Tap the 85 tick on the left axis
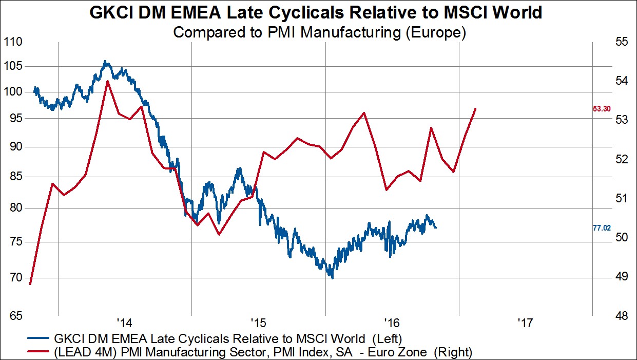pyautogui.click(x=14, y=177)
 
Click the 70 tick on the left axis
pyautogui.click(x=14, y=278)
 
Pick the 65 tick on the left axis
pyautogui.click(x=14, y=316)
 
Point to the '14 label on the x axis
pyautogui.click(x=124, y=323)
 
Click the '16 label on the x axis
pyautogui.click(x=392, y=323)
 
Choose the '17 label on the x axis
pyautogui.click(x=526, y=323)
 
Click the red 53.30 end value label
pyautogui.click(x=602, y=109)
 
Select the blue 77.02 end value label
pyautogui.click(x=602, y=228)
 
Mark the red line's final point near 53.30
pyautogui.click(x=476, y=108)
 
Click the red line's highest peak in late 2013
pyautogui.click(x=107, y=81)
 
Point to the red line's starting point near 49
pyautogui.click(x=30, y=283)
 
